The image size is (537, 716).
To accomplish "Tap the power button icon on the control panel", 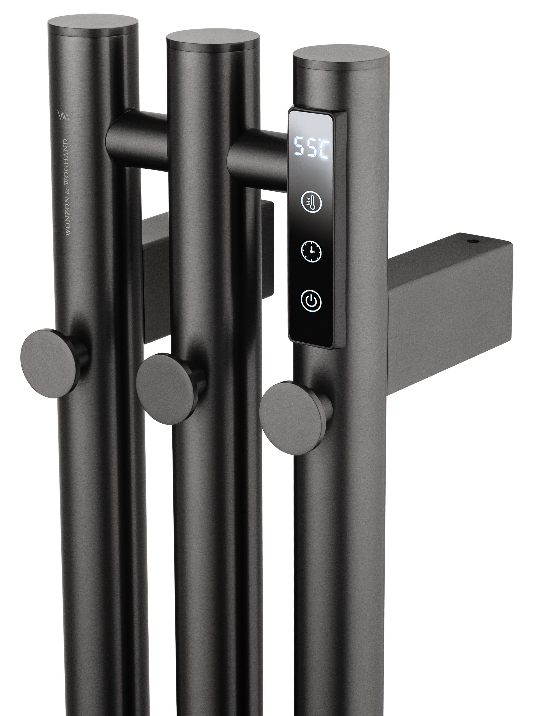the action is pyautogui.click(x=311, y=301).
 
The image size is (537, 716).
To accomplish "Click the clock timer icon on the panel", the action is pyautogui.click(x=311, y=251).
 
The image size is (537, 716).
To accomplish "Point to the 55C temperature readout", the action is pyautogui.click(x=311, y=147).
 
